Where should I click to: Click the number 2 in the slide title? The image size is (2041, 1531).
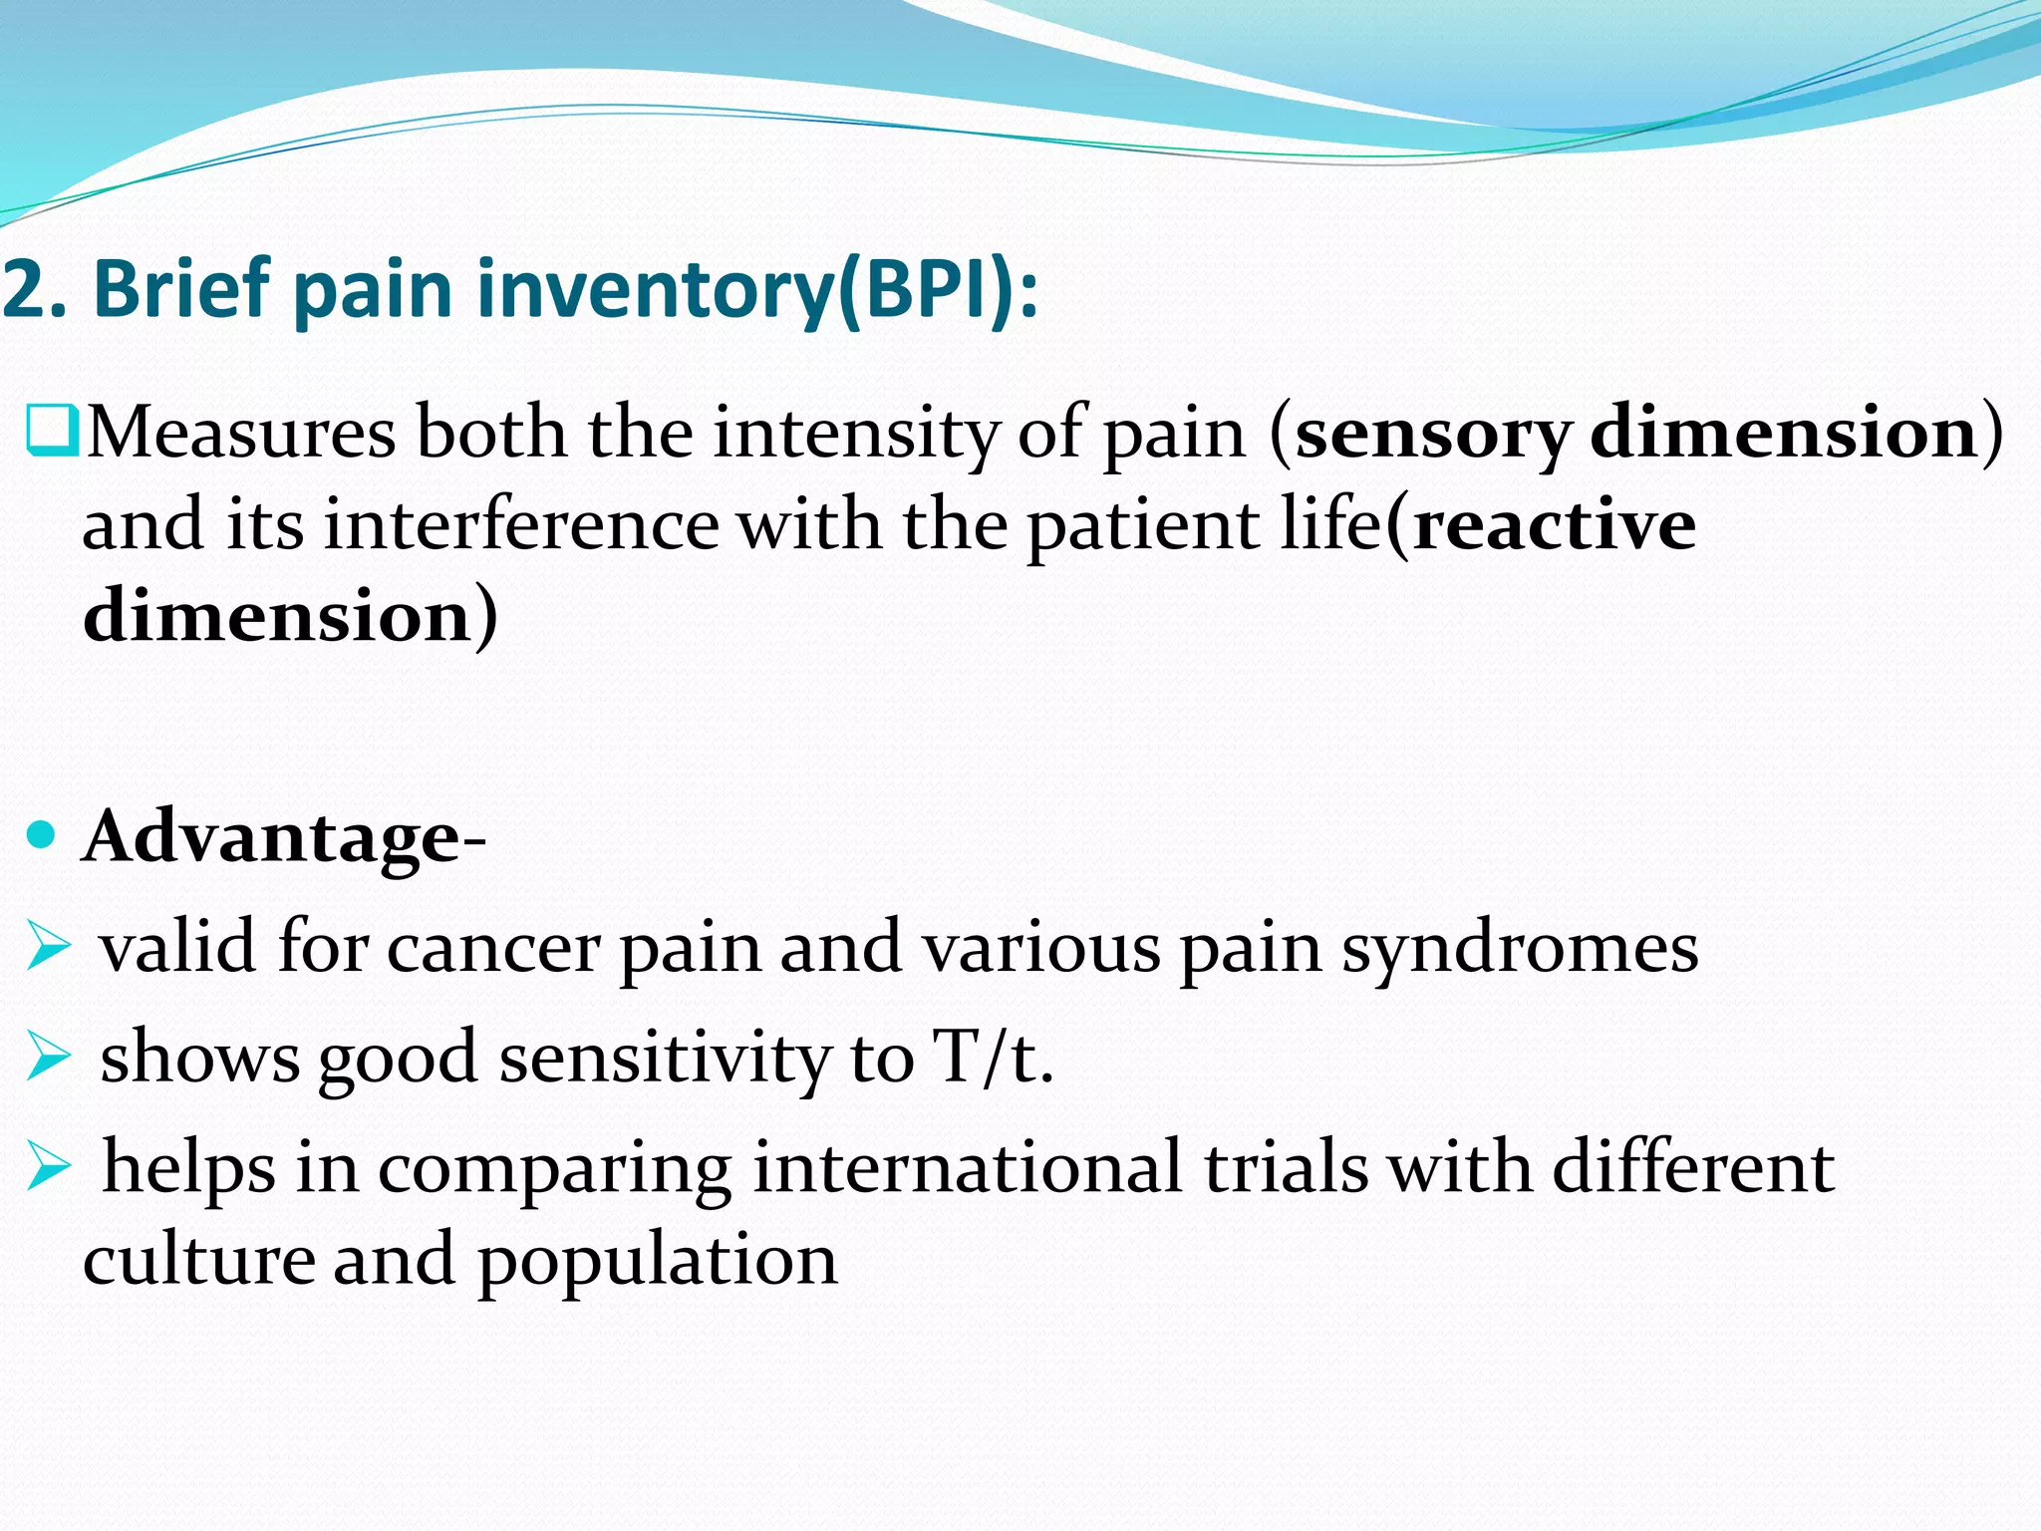coord(22,290)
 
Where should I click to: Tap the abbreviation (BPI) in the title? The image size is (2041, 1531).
coord(928,290)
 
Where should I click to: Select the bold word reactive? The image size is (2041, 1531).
coord(1555,525)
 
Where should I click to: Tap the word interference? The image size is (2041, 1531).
coord(521,525)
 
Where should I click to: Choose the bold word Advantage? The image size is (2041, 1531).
coord(273,837)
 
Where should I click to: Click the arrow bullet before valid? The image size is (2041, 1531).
coord(48,946)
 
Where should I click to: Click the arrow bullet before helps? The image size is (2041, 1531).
coord(48,1166)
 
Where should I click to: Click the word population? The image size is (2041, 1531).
coord(658,1262)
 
